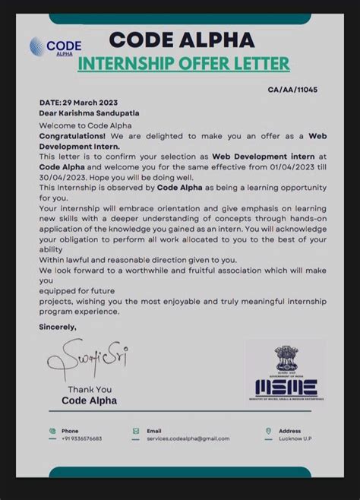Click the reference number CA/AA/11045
click(x=292, y=90)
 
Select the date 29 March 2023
click(x=90, y=103)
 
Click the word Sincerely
click(x=58, y=327)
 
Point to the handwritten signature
click(x=85, y=360)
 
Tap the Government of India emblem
click(x=285, y=358)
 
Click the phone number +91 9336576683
click(x=81, y=438)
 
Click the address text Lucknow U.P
click(x=295, y=438)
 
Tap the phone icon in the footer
click(x=52, y=430)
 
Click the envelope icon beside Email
click(x=136, y=430)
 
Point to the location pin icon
click(x=268, y=430)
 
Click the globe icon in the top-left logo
click(x=36, y=46)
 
